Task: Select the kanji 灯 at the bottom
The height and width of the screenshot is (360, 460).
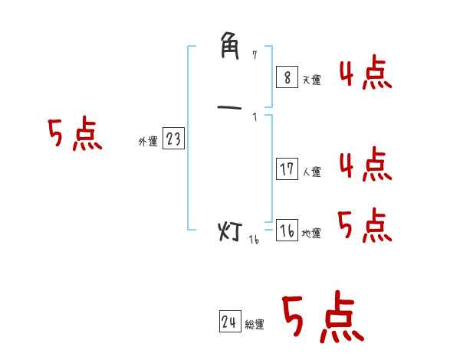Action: pyautogui.click(x=231, y=231)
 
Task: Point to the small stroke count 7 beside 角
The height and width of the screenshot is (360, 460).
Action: pyautogui.click(x=255, y=55)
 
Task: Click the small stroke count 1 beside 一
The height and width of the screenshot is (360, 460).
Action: pyautogui.click(x=255, y=116)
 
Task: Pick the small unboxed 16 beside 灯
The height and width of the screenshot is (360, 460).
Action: pyautogui.click(x=254, y=239)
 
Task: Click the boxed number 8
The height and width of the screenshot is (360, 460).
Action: pyautogui.click(x=286, y=77)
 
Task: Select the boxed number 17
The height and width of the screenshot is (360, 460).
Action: pyautogui.click(x=286, y=169)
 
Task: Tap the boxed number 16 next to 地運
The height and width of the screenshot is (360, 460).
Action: pyautogui.click(x=286, y=231)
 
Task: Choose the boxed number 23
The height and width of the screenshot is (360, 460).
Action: pyautogui.click(x=174, y=139)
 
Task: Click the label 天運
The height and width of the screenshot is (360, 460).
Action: pyautogui.click(x=312, y=80)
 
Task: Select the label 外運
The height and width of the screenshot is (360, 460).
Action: pyautogui.click(x=148, y=142)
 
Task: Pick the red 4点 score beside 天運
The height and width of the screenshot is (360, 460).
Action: pyautogui.click(x=365, y=74)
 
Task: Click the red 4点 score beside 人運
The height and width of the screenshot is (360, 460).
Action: pyautogui.click(x=365, y=165)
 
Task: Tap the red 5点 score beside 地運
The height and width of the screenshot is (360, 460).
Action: pyautogui.click(x=365, y=225)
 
